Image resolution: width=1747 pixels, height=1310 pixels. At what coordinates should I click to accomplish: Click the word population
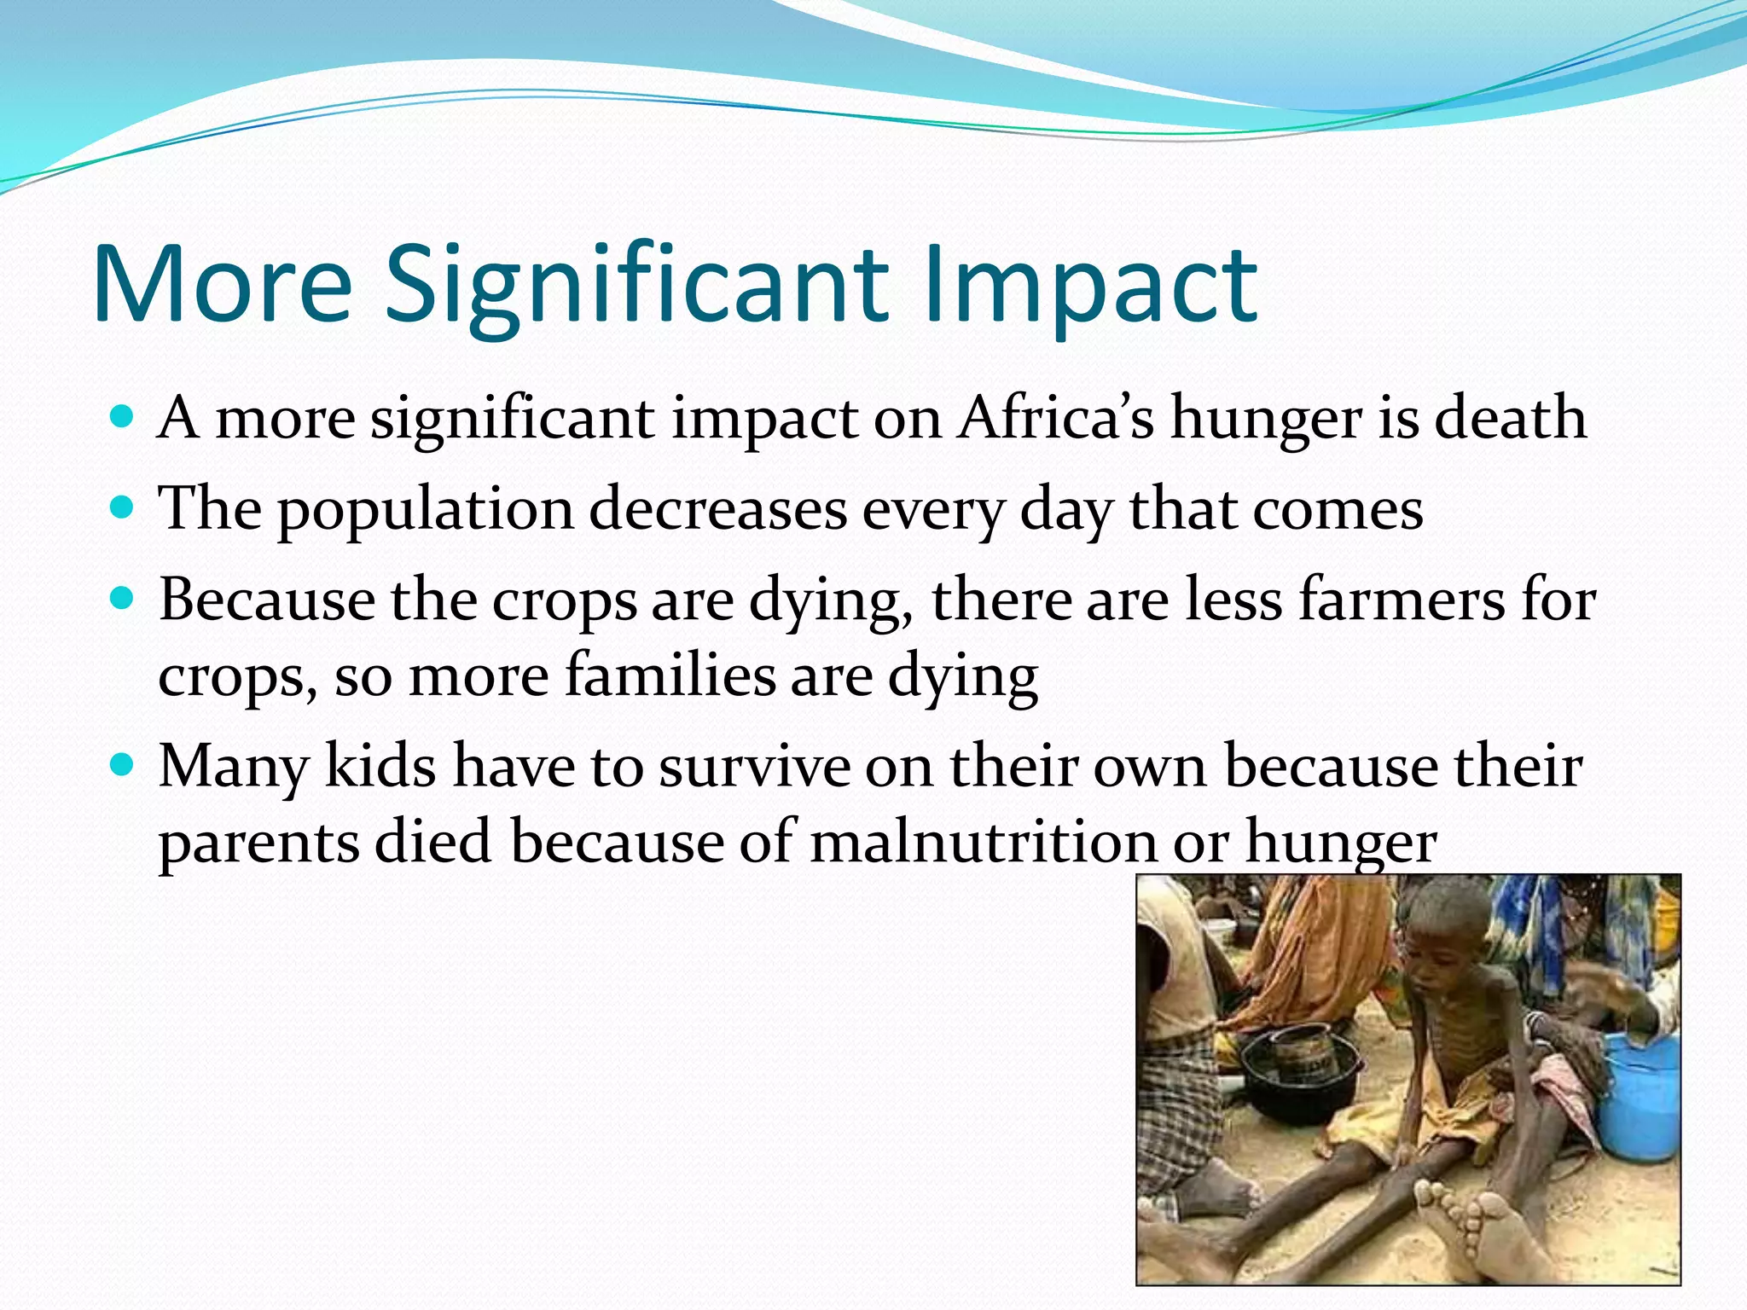click(x=426, y=510)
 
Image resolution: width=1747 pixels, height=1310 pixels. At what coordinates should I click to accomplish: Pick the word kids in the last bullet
click(x=380, y=765)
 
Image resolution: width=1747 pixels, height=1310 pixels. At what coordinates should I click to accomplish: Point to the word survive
click(x=755, y=765)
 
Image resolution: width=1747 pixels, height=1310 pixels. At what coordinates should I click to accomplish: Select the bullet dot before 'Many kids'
click(x=123, y=764)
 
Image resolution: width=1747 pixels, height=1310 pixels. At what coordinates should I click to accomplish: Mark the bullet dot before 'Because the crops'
click(x=123, y=599)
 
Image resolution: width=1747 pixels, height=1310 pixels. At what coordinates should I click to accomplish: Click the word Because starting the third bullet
click(x=266, y=600)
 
